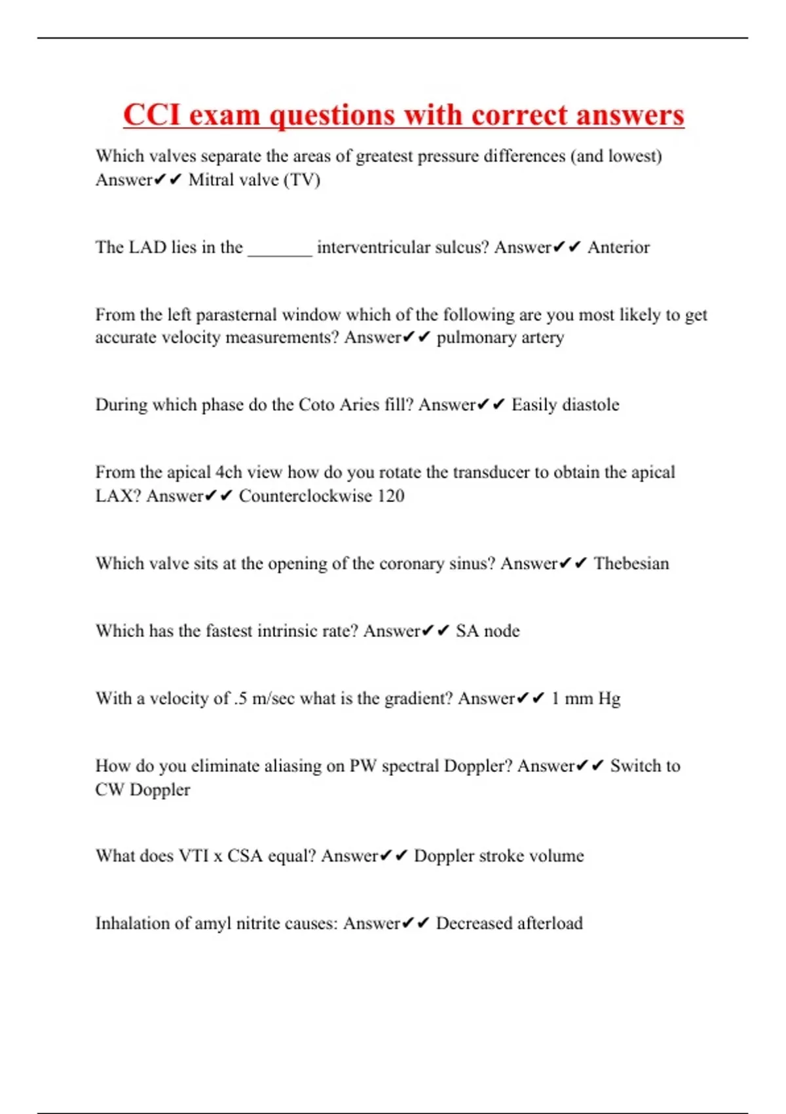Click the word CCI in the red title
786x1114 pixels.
click(151, 115)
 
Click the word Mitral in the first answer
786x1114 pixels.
click(211, 180)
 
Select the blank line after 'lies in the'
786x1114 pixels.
click(280, 249)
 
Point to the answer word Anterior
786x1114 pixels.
click(618, 248)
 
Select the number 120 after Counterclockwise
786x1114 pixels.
click(390, 496)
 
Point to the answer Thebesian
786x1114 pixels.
click(631, 564)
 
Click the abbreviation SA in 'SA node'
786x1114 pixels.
click(467, 631)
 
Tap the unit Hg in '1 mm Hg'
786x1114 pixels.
click(609, 699)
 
